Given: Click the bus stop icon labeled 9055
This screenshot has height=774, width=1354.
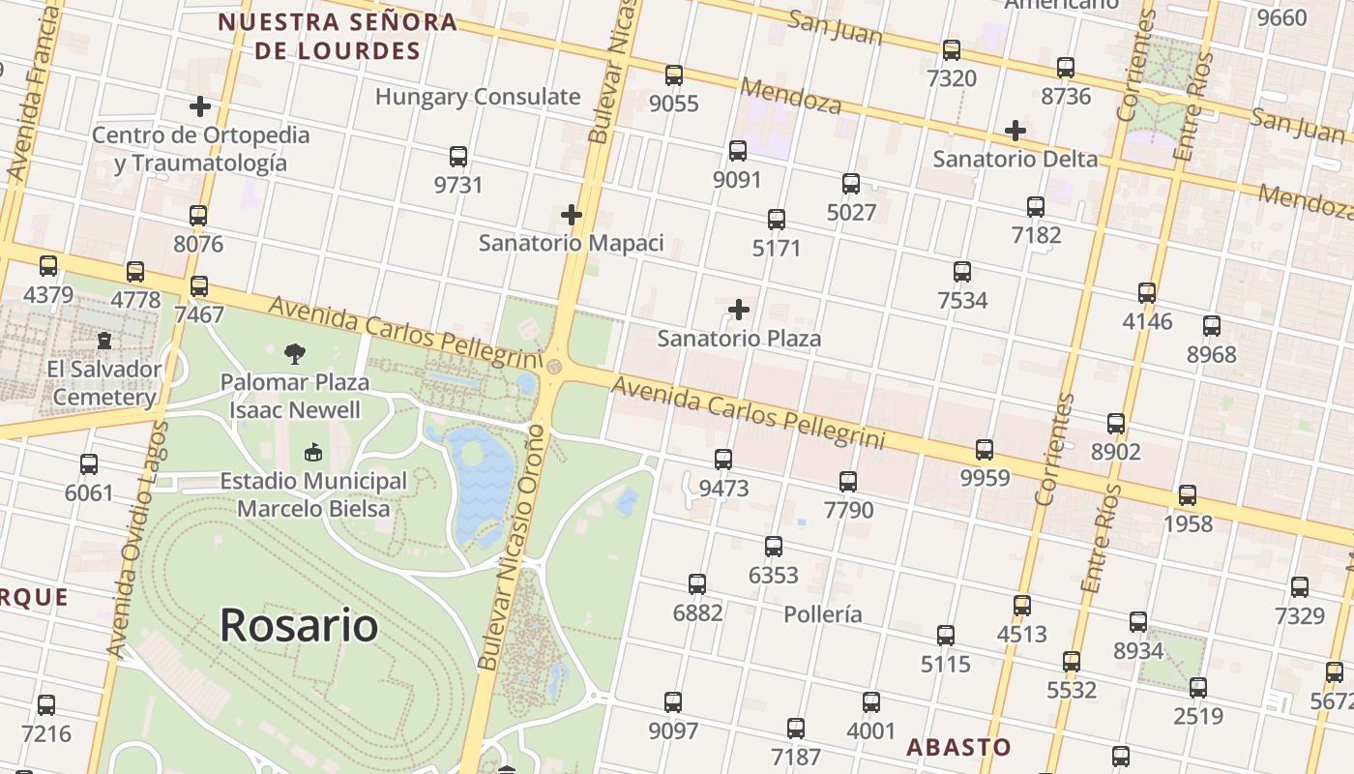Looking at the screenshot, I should pyautogui.click(x=674, y=75).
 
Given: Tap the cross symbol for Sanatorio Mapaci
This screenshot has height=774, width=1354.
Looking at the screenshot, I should pyautogui.click(x=572, y=215).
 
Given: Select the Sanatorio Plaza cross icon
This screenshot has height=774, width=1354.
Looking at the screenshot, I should pyautogui.click(x=739, y=310).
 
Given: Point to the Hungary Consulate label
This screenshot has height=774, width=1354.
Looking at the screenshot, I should pyautogui.click(x=478, y=97).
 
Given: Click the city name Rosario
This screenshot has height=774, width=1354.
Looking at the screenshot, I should pyautogui.click(x=299, y=625).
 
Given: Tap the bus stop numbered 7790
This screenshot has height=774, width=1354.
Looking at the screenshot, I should pyautogui.click(x=848, y=482).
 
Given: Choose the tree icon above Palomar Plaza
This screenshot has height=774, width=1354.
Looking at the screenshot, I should pyautogui.click(x=295, y=354).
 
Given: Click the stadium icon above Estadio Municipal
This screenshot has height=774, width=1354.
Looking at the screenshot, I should pyautogui.click(x=312, y=453).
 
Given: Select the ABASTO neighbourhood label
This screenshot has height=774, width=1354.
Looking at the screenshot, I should pyautogui.click(x=958, y=747).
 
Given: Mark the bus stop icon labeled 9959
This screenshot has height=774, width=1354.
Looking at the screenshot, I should pyautogui.click(x=985, y=450).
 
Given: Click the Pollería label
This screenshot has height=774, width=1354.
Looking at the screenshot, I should pyautogui.click(x=823, y=614).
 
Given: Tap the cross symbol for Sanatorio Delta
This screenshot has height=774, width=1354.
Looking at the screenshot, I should pyautogui.click(x=1015, y=131).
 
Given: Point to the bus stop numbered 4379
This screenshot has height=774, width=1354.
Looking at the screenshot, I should pyautogui.click(x=48, y=266).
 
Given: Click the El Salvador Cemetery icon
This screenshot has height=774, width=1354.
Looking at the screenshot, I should pyautogui.click(x=104, y=341).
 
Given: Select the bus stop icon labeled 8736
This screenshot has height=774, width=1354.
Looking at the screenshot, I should pyautogui.click(x=1066, y=68).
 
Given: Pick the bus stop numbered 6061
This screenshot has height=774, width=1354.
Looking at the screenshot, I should pyautogui.click(x=89, y=464).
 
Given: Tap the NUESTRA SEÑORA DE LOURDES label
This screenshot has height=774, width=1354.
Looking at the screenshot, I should pyautogui.click(x=337, y=36).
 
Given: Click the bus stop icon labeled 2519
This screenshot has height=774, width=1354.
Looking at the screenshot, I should pyautogui.click(x=1198, y=688).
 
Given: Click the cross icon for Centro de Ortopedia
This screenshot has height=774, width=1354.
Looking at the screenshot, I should pyautogui.click(x=200, y=106).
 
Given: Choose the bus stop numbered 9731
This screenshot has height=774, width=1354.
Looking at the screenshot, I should pyautogui.click(x=458, y=157).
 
